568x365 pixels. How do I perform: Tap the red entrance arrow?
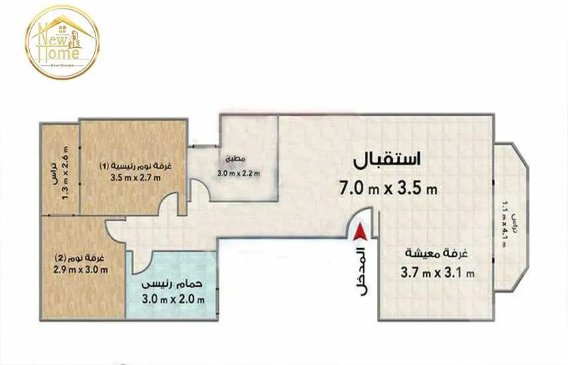click(x=360, y=233)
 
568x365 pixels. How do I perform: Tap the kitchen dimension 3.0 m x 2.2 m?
click(x=238, y=175)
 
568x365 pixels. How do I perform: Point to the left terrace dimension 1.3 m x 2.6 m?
click(x=65, y=173)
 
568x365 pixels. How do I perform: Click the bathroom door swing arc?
click(x=144, y=263)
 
